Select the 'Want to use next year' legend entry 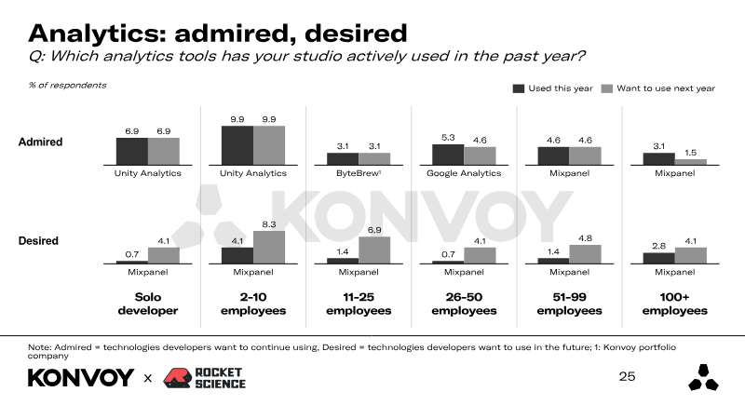click(657, 88)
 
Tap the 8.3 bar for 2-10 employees click(269, 247)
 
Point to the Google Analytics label click(464, 173)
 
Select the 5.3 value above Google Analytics click(448, 138)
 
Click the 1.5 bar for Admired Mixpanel click(691, 162)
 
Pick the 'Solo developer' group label click(148, 304)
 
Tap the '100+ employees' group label click(675, 304)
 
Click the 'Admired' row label click(40, 142)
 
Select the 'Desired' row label click(38, 241)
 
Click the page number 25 click(627, 377)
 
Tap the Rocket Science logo click(204, 377)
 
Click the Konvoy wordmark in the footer click(81, 378)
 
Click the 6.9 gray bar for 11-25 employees click(374, 250)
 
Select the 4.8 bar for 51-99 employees click(585, 253)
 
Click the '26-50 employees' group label click(464, 304)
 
